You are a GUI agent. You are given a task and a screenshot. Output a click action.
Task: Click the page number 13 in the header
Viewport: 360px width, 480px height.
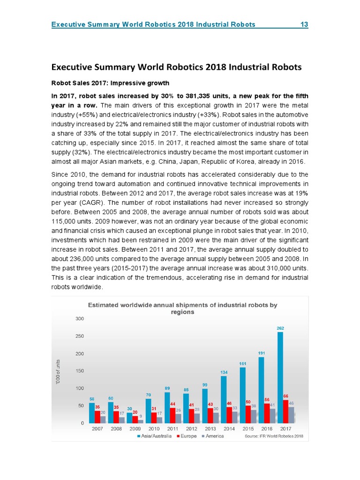[304, 24]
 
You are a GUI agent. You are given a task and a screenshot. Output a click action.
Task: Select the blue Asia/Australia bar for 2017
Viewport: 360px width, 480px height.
[280, 377]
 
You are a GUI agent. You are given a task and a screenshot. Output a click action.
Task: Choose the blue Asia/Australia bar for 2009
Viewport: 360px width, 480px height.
[129, 418]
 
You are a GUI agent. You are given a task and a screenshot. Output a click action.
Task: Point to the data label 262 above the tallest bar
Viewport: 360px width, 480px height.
[280, 328]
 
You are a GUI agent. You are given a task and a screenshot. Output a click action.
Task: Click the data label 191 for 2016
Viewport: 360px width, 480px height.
[262, 352]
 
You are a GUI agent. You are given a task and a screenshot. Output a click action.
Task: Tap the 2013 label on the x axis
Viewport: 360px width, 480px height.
[210, 429]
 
